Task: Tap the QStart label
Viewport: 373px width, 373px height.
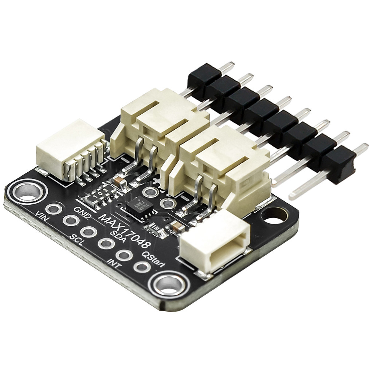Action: [x=153, y=259]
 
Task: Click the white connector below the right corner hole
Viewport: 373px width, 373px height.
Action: [x=215, y=242]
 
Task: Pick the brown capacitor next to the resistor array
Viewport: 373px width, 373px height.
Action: [x=119, y=181]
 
